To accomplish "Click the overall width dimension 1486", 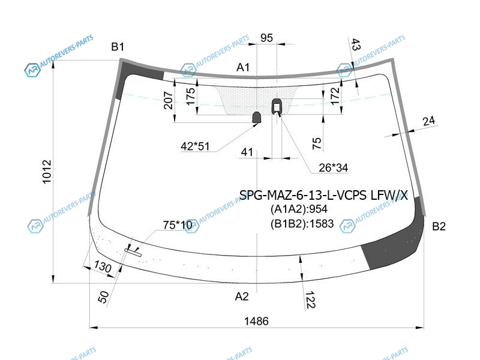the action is coord(256,321).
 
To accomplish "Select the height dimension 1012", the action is coord(47,172).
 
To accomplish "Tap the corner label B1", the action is coord(118,47).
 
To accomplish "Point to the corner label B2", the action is coord(439,227).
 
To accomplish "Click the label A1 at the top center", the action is coord(243,67).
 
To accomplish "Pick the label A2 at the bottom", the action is coord(242,296).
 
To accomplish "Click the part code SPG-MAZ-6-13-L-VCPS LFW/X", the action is coord(323,195).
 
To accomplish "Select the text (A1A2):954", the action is coord(299,209).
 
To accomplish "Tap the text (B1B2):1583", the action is coord(302,224).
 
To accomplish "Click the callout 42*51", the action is coord(195,146).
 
